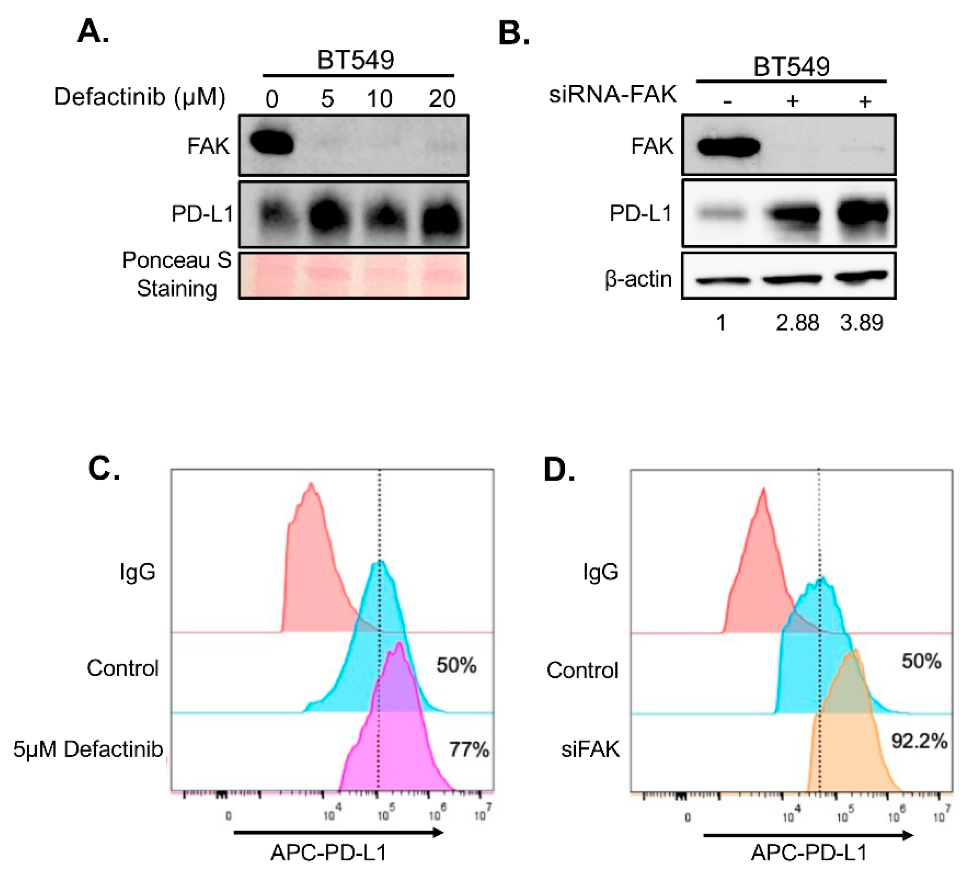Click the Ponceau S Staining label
click(x=177, y=274)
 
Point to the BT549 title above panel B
click(x=791, y=66)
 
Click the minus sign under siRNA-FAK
click(x=727, y=102)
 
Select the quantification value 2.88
click(x=797, y=323)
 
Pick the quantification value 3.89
click(x=862, y=323)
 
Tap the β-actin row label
click(x=638, y=278)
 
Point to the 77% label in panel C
click(x=469, y=750)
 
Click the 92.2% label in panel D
click(x=919, y=741)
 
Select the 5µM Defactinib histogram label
click(x=88, y=749)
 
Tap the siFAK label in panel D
click(x=590, y=749)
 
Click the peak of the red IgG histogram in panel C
click(x=311, y=485)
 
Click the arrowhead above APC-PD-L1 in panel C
click(x=438, y=833)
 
